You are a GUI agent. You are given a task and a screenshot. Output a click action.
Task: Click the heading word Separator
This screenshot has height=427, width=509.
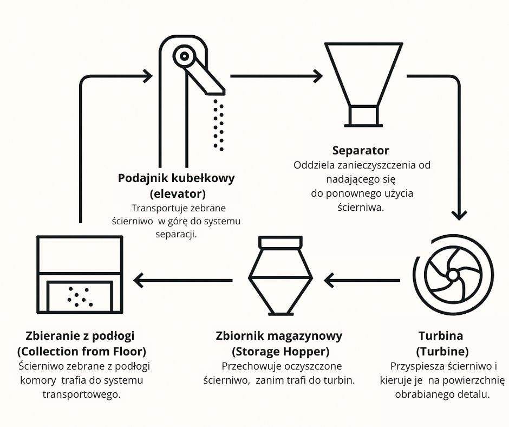pyautogui.click(x=361, y=150)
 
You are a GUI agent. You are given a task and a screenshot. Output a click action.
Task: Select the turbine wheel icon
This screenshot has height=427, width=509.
pyautogui.click(x=453, y=275)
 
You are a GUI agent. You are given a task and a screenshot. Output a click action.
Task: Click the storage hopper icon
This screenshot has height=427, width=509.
pyautogui.click(x=280, y=277)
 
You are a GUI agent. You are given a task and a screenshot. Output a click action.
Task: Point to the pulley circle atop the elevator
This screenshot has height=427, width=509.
pyautogui.click(x=185, y=56)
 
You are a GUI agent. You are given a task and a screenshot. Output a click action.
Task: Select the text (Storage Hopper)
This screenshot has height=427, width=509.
pyautogui.click(x=280, y=351)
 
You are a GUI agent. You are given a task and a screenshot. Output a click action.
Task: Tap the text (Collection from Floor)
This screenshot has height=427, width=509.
pyautogui.click(x=82, y=351)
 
